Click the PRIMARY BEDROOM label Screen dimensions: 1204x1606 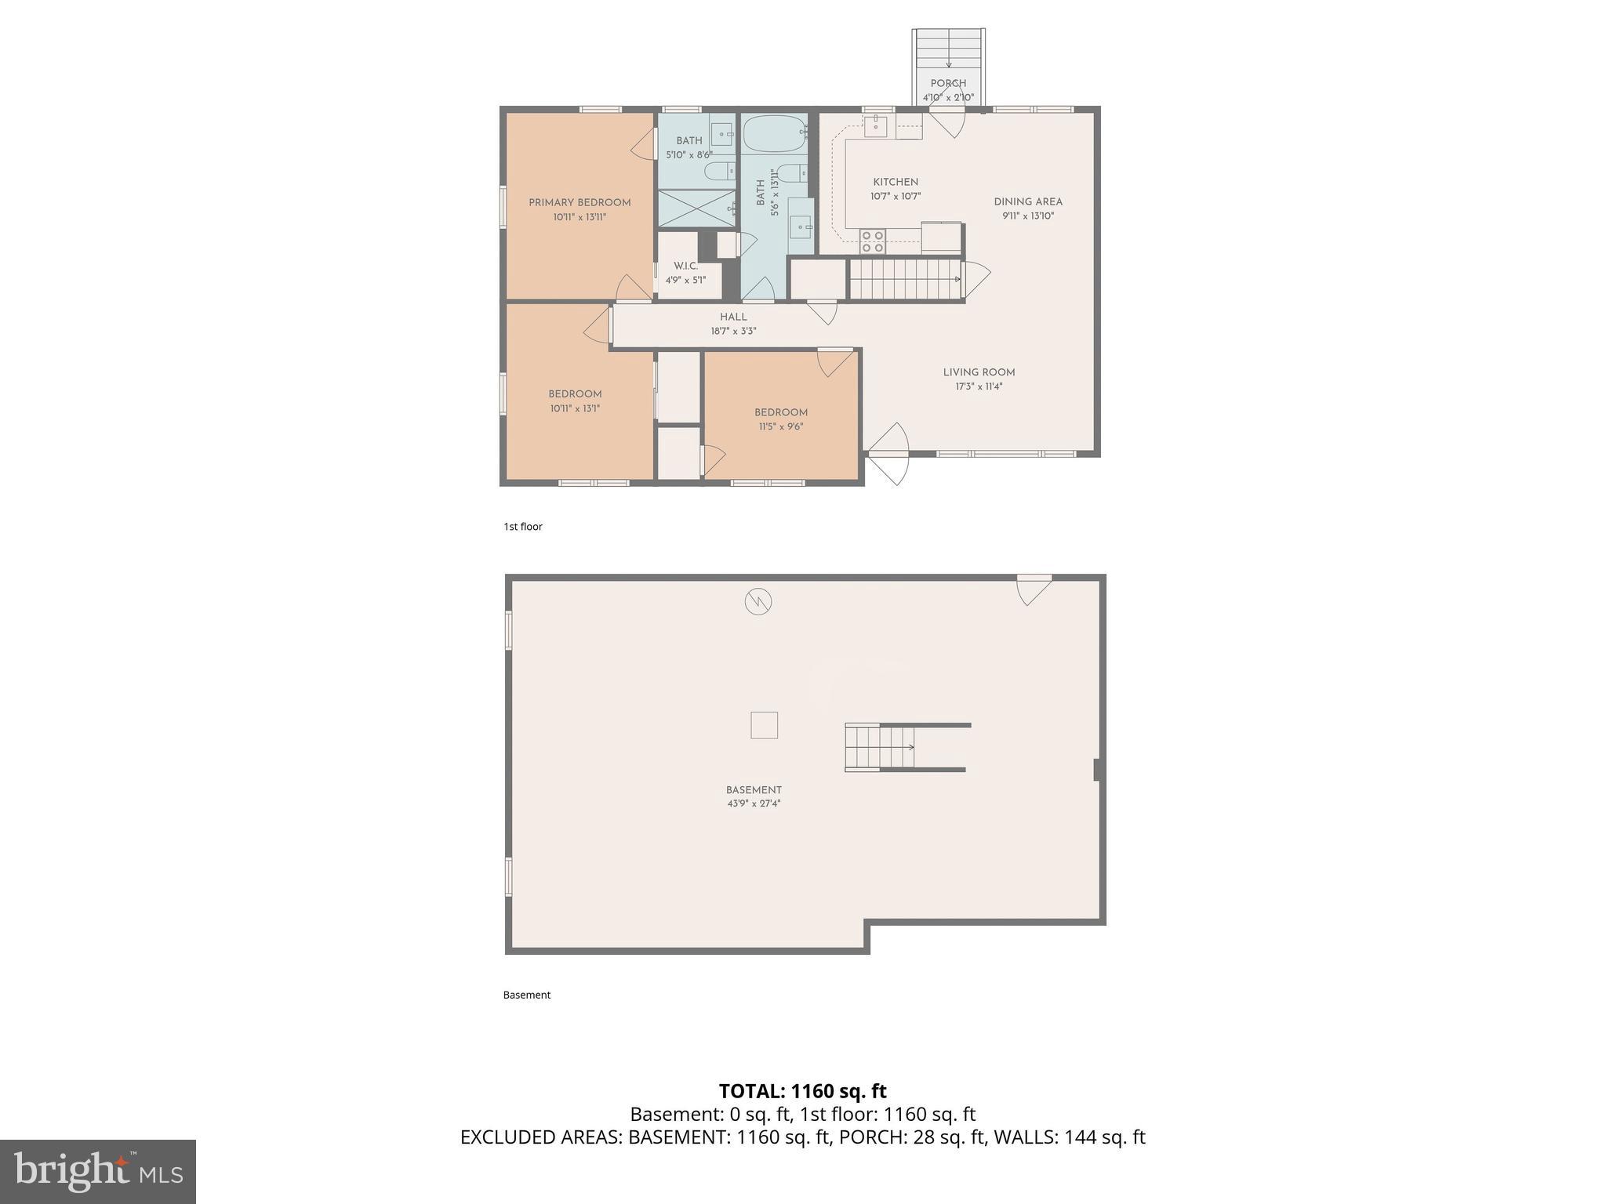click(580, 202)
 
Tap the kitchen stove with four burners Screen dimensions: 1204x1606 click(873, 241)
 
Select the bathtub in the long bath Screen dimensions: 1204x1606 click(773, 135)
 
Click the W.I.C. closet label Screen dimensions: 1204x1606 click(685, 267)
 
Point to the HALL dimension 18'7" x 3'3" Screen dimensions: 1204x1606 click(733, 332)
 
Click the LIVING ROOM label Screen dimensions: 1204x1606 click(979, 372)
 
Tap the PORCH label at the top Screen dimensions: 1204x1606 click(948, 83)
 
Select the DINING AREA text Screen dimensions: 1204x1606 click(1028, 201)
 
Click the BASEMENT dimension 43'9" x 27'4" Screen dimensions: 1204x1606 click(754, 803)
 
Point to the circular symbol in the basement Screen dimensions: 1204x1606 click(758, 602)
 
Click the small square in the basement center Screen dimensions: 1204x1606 click(764, 725)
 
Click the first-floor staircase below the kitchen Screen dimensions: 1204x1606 click(906, 279)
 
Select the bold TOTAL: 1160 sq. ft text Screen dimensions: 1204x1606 click(802, 1091)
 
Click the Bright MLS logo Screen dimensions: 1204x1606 click(98, 1171)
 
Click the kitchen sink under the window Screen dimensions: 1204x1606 click(875, 125)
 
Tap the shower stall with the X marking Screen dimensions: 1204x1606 click(696, 209)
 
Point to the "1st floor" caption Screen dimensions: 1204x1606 click(523, 527)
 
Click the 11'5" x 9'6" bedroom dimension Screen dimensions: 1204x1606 click(780, 427)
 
